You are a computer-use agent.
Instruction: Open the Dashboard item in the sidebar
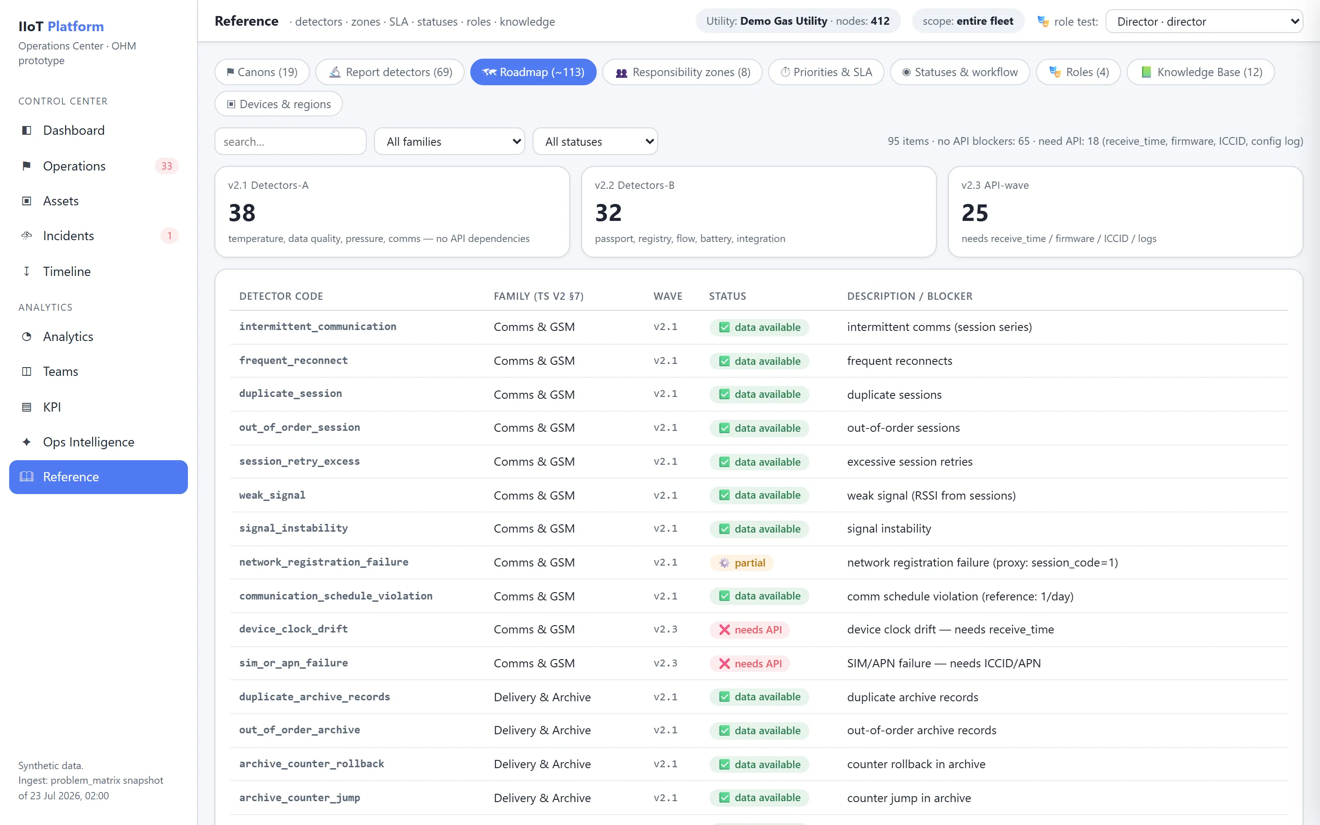pos(74,131)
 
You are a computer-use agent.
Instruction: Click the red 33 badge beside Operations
pos(166,166)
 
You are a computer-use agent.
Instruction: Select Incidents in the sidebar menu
pos(68,236)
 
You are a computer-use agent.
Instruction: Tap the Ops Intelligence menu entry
pos(88,442)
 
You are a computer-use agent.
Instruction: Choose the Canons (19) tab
pos(262,72)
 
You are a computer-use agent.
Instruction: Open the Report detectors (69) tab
pos(390,72)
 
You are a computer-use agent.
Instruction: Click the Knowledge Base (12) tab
pos(1200,72)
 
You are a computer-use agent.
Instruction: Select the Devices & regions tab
pos(279,104)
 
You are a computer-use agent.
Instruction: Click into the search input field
pos(290,141)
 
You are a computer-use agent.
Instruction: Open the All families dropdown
pos(450,141)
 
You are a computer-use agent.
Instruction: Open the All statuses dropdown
pos(595,141)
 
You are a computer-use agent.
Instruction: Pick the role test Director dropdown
pos(1204,21)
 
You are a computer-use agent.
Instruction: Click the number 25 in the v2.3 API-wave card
pos(975,213)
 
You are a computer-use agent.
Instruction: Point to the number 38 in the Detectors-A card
pos(242,213)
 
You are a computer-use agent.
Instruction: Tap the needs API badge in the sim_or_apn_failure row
pos(749,664)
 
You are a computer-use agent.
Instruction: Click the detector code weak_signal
pos(272,495)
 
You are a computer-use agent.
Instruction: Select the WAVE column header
pos(668,296)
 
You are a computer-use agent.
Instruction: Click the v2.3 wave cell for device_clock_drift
pos(665,629)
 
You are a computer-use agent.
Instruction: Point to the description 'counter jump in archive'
pos(909,797)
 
